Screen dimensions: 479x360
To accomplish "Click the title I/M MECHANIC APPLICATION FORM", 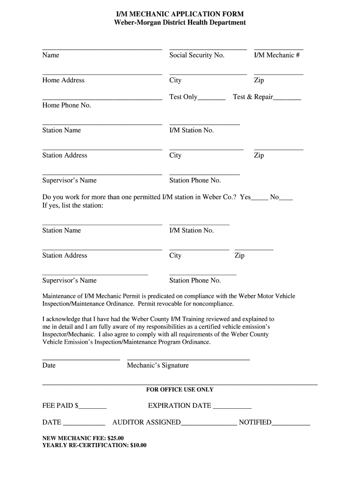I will click(180, 15).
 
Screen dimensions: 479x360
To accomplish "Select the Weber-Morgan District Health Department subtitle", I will click(180, 22).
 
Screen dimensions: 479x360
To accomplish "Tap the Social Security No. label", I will click(197, 55).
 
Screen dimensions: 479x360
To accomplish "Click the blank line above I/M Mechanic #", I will click(279, 49).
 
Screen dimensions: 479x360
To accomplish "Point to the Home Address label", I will click(63, 80).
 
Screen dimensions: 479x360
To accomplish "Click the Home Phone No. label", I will click(66, 105).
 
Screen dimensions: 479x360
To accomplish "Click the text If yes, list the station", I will click(72, 206).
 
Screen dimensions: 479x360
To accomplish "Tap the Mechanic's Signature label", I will click(158, 365).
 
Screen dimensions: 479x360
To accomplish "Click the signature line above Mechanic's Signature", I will click(188, 359).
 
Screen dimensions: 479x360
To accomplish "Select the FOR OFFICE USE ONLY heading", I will click(180, 390).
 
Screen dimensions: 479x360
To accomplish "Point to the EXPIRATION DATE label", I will click(180, 406).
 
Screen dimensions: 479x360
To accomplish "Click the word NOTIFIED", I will click(255, 422).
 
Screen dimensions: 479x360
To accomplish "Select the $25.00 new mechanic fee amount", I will click(115, 438).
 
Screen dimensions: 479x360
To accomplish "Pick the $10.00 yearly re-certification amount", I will click(138, 445).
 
